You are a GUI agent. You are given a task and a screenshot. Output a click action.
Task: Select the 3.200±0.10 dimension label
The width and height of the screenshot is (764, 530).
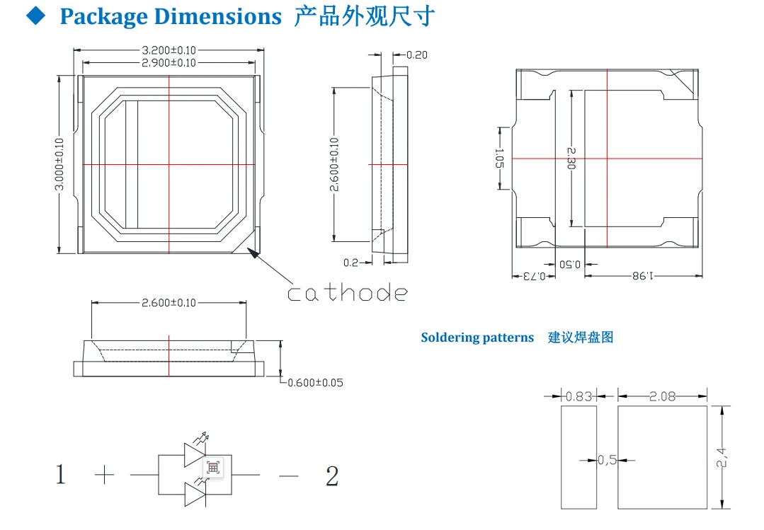(169, 50)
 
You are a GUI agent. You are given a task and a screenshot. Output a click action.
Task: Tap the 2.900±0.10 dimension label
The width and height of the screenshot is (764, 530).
(169, 63)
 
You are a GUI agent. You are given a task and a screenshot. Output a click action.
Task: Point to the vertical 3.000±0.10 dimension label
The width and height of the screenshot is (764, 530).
(59, 164)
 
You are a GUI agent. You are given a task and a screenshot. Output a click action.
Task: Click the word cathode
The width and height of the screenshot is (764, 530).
(347, 292)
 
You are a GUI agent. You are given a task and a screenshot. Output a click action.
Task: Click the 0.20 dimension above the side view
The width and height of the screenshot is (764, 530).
(416, 55)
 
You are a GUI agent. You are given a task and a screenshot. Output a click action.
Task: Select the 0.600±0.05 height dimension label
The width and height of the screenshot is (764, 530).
(315, 383)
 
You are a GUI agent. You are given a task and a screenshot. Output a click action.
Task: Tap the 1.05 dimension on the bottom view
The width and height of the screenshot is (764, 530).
(499, 159)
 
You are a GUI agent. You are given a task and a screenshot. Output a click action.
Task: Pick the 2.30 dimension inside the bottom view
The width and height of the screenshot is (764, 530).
(571, 159)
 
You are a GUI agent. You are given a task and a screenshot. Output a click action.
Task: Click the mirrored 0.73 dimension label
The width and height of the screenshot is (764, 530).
(534, 276)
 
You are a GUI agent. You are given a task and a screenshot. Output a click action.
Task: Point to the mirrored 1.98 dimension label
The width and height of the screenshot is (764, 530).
(643, 276)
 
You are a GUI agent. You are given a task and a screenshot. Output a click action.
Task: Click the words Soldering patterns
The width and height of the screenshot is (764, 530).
(477, 338)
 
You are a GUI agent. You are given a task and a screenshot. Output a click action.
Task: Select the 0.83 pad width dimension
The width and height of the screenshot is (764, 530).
(579, 396)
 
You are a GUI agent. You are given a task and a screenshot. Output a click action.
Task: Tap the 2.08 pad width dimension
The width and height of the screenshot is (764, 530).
(662, 396)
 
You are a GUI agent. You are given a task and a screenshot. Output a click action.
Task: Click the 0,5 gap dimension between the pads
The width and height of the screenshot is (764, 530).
(607, 460)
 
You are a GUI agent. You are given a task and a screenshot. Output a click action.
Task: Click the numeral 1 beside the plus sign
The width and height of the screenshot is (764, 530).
(60, 474)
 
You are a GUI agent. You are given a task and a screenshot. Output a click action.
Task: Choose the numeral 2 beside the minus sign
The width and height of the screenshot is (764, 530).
(332, 476)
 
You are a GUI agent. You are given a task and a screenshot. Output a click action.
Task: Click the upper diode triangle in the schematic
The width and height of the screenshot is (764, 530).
(195, 455)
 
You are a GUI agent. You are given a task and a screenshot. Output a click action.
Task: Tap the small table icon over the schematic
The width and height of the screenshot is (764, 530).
(213, 468)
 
